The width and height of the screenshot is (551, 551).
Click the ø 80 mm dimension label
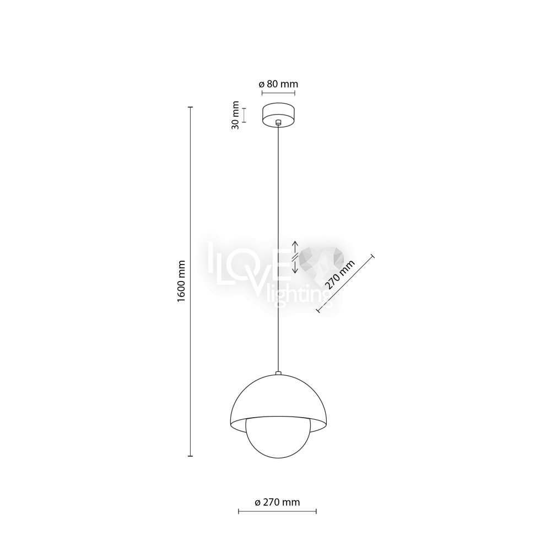point(278,84)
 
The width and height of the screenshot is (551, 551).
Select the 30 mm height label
point(236,115)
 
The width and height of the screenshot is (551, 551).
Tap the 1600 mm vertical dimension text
point(181,281)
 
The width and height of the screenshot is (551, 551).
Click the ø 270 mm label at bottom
point(277,502)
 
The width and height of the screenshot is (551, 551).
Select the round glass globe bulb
point(278,438)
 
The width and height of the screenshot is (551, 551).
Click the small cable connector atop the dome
point(278,372)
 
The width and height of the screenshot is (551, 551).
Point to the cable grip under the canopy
point(278,123)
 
